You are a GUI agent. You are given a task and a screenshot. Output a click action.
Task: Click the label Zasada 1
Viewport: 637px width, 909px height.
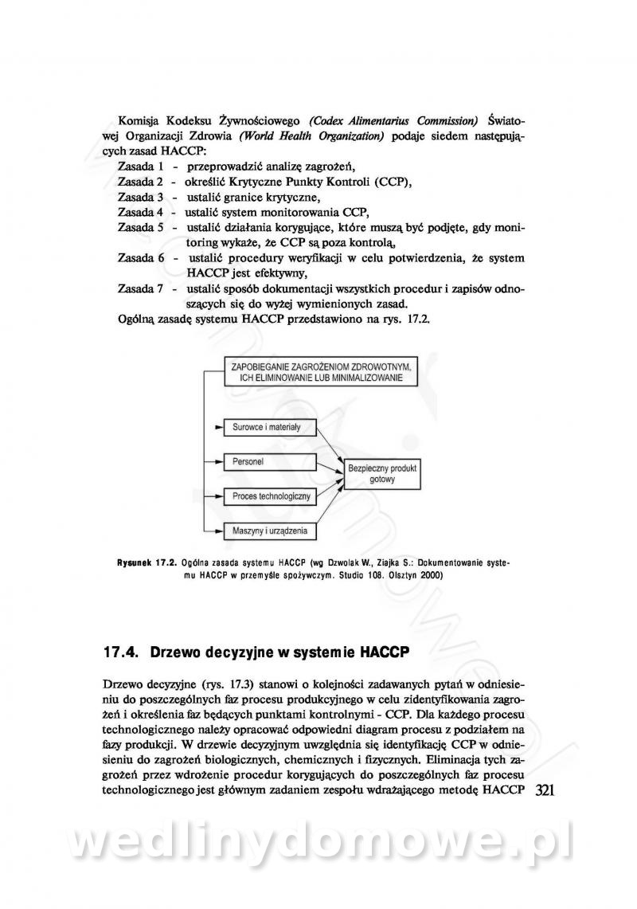[140, 167]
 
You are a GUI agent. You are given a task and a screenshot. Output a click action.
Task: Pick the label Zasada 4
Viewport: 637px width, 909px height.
[140, 212]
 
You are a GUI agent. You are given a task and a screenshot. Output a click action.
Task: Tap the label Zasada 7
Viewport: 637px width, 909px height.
[140, 288]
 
